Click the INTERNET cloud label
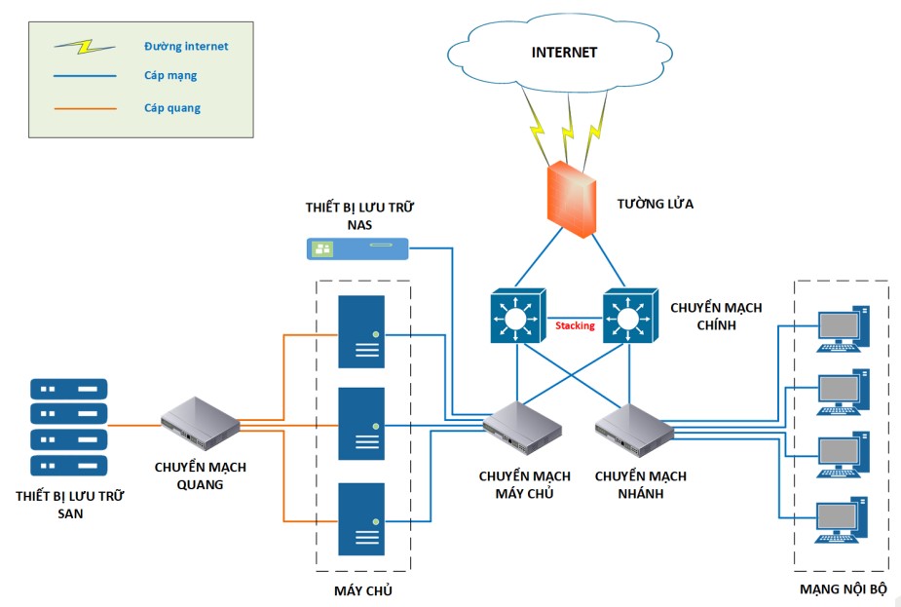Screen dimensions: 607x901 pyautogui.click(x=564, y=53)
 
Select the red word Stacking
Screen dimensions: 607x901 pyautogui.click(x=575, y=325)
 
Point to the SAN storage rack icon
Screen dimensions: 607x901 pyautogui.click(x=67, y=426)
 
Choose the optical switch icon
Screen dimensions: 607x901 pyautogui.click(x=200, y=420)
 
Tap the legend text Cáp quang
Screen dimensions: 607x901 pyautogui.click(x=172, y=108)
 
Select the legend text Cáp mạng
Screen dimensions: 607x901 pyautogui.click(x=170, y=75)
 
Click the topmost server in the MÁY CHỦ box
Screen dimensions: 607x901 pyautogui.click(x=361, y=331)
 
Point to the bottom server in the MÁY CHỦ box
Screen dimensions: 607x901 pyautogui.click(x=361, y=519)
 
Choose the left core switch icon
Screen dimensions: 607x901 pyautogui.click(x=516, y=315)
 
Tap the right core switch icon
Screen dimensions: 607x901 pyautogui.click(x=629, y=315)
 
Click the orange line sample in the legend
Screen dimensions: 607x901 pyautogui.click(x=86, y=108)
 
